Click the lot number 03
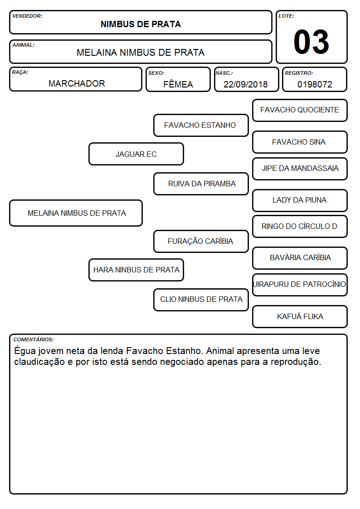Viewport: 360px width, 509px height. [311, 42]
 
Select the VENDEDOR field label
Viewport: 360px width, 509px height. [27, 16]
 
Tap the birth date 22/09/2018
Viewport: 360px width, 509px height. [245, 84]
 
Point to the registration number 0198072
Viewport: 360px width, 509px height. [315, 84]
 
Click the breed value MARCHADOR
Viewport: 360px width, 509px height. [77, 83]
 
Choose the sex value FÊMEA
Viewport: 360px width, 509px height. [178, 84]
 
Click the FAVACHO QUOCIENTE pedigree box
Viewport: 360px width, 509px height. [300, 111]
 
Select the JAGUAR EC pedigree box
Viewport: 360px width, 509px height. [136, 154]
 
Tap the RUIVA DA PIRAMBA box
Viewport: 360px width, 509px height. [201, 184]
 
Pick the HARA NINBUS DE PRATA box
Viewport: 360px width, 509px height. [136, 270]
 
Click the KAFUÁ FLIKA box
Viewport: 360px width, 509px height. [300, 316]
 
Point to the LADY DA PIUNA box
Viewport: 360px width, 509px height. [300, 200]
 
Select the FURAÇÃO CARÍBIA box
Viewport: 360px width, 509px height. [201, 241]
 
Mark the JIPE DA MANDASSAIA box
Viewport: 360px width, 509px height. [300, 169]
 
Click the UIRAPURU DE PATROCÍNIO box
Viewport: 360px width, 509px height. [300, 285]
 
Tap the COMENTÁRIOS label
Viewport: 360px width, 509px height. [34, 339]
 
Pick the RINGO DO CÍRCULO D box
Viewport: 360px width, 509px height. [300, 226]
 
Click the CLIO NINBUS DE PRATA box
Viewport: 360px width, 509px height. [201, 300]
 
